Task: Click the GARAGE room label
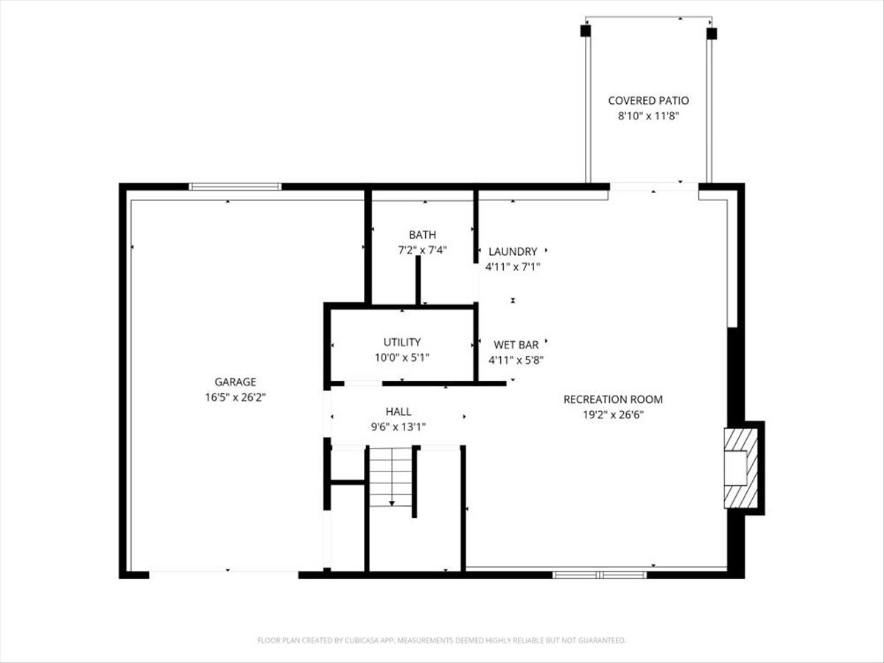(x=235, y=382)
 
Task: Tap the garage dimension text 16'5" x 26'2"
(x=235, y=396)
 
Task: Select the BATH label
(x=422, y=235)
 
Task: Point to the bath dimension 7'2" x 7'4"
(x=422, y=250)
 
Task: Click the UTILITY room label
(x=401, y=342)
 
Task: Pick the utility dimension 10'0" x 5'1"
(x=401, y=357)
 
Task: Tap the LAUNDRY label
(x=513, y=251)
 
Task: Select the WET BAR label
(x=516, y=344)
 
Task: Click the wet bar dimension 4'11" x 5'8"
(x=516, y=360)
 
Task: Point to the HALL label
(x=399, y=412)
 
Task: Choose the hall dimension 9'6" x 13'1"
(x=399, y=427)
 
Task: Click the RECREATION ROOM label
(x=613, y=399)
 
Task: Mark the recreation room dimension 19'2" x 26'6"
(x=613, y=414)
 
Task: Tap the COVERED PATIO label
(x=648, y=100)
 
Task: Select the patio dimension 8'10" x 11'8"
(x=648, y=116)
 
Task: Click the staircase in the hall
(x=390, y=477)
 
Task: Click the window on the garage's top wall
(x=235, y=187)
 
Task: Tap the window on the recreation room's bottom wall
(x=600, y=574)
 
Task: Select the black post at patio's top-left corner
(x=585, y=31)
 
